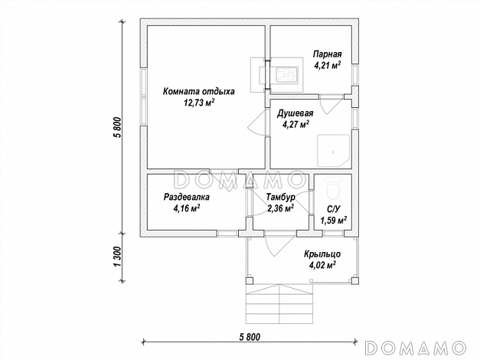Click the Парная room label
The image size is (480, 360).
tap(327, 54)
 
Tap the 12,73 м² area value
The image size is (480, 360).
tap(199, 103)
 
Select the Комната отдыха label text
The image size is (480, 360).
tap(199, 91)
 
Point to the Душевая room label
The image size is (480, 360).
tap(295, 113)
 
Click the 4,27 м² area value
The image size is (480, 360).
tap(296, 124)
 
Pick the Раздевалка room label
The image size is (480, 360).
tap(187, 197)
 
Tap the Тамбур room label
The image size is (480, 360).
tap(280, 197)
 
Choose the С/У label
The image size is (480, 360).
tap(333, 209)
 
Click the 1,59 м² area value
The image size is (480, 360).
tap(333, 220)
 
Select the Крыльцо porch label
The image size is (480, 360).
tap(322, 254)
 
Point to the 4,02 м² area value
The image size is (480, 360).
tap(322, 264)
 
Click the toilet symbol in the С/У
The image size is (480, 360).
tap(333, 188)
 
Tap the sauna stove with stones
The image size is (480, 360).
tap(287, 75)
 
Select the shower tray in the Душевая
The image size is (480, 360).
tap(333, 150)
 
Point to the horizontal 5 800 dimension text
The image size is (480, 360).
tap(250, 337)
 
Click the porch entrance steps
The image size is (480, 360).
tap(279, 304)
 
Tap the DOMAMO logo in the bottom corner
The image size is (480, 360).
tap(416, 349)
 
